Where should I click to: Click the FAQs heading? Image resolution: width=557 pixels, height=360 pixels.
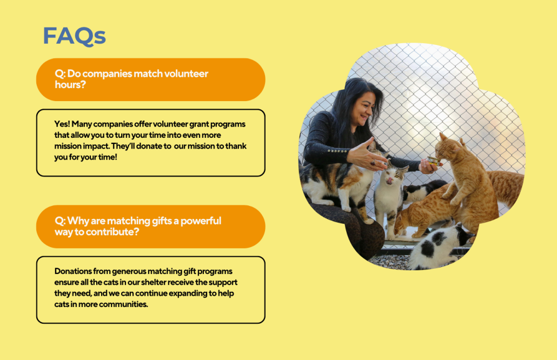tap(74, 36)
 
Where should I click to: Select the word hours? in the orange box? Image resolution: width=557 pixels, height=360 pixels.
tap(70, 85)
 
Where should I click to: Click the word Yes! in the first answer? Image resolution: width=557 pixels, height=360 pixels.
tap(62, 124)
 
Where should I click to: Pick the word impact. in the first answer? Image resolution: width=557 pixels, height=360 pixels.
tap(96, 146)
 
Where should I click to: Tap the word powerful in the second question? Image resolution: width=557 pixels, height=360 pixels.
tap(201, 221)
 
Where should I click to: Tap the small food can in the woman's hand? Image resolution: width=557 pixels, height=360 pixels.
tap(433, 161)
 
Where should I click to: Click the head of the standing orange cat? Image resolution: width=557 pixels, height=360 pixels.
tap(448, 148)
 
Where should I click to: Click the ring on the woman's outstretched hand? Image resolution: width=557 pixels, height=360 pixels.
tap(373, 163)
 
